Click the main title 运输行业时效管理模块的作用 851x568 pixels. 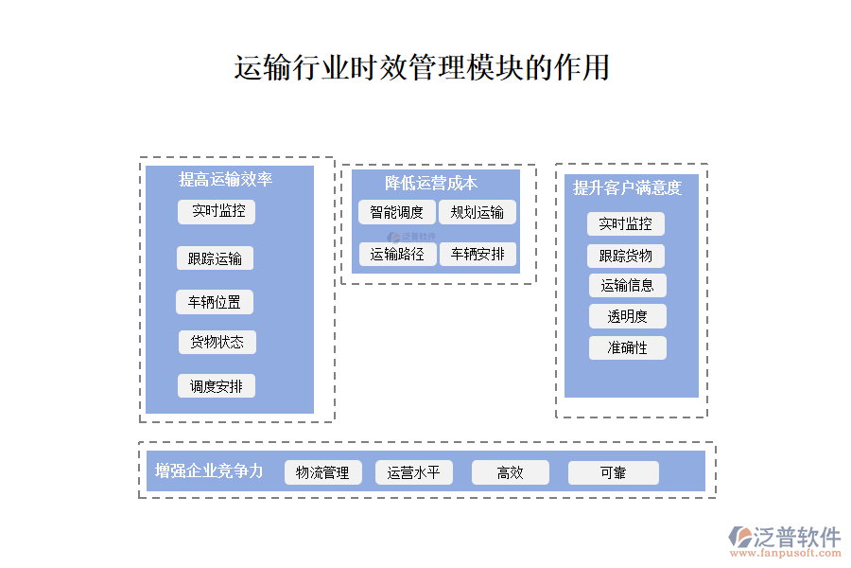[422, 68]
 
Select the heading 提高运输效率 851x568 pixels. [226, 179]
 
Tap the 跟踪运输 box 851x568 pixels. [215, 258]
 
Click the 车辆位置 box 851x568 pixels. [215, 302]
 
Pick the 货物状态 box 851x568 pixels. [217, 342]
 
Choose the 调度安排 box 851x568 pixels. [217, 385]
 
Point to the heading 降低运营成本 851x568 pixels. [431, 184]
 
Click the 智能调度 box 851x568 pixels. [397, 212]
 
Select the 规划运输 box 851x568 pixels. [478, 212]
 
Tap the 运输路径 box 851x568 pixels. [397, 254]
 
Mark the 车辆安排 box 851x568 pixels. [478, 254]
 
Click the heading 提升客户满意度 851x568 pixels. [627, 187]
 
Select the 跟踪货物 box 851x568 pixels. [626, 256]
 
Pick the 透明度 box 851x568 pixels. [628, 316]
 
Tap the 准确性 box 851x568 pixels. [628, 347]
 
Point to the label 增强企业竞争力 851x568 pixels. [209, 470]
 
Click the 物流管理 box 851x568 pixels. [323, 472]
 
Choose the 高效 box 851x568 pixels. [511, 472]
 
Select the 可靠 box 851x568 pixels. [614, 472]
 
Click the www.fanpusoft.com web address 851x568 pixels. [785, 555]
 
